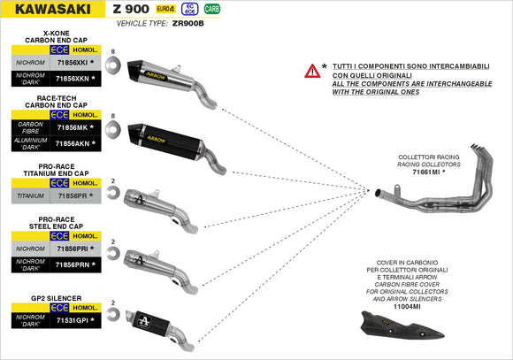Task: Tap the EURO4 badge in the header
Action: pyautogui.click(x=165, y=9)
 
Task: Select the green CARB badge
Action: pyautogui.click(x=212, y=9)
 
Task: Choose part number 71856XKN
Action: pyautogui.click(x=72, y=79)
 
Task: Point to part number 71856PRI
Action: pyautogui.click(x=72, y=250)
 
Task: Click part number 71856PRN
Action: pyautogui.click(x=72, y=264)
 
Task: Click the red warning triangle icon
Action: pyautogui.click(x=311, y=71)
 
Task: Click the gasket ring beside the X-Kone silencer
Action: pyautogui.click(x=112, y=71)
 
